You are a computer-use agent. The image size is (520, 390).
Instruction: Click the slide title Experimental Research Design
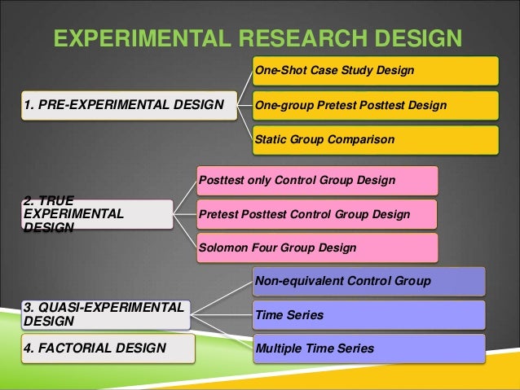pyautogui.click(x=257, y=38)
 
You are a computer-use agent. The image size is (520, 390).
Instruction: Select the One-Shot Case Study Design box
pyautogui.click(x=375, y=71)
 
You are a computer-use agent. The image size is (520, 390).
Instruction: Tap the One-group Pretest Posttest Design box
pyautogui.click(x=375, y=105)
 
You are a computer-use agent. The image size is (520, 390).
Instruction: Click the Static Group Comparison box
pyautogui.click(x=375, y=140)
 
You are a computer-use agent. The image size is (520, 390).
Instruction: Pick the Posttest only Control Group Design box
pyautogui.click(x=316, y=180)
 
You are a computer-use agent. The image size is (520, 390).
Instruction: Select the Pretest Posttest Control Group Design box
pyautogui.click(x=316, y=214)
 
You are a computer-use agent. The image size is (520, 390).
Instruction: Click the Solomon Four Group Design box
pyautogui.click(x=316, y=248)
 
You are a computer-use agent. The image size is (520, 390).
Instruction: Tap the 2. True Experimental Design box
pyautogui.click(x=96, y=213)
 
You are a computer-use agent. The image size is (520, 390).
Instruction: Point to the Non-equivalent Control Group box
pyautogui.click(x=368, y=282)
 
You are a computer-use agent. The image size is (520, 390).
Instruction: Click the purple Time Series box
pyautogui.click(x=368, y=315)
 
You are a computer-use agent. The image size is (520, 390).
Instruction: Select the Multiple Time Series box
pyautogui.click(x=368, y=348)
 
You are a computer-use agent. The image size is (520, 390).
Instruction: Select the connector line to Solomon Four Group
pyautogui.click(x=185, y=232)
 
